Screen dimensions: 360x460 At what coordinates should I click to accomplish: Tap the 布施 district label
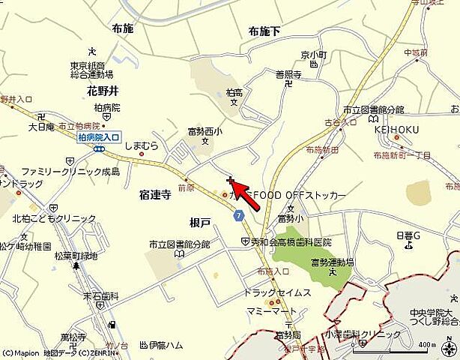[122, 28]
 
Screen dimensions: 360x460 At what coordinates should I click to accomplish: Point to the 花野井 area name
[102, 91]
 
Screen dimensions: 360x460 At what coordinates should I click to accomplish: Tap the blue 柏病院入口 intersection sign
[99, 137]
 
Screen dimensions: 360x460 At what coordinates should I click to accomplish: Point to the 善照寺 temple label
[288, 74]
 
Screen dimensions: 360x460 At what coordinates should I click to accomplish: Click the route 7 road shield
[238, 216]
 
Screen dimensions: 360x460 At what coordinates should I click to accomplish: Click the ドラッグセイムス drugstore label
[277, 292]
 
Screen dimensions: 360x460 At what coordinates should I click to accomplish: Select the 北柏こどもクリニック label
[54, 218]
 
